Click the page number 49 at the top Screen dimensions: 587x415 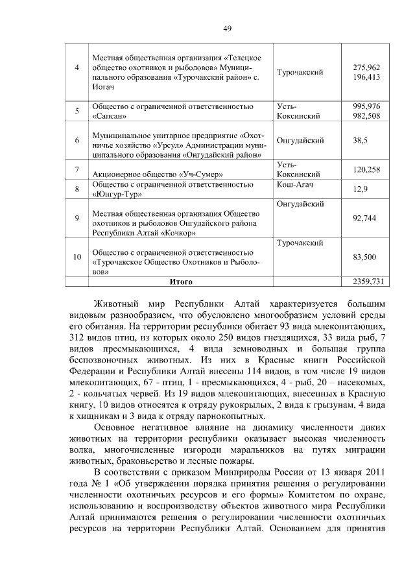[x=228, y=29]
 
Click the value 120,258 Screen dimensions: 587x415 [x=366, y=169]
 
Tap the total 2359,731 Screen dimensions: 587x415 [x=367, y=282]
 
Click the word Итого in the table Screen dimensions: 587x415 [x=181, y=282]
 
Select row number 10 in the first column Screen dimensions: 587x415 [x=77, y=257]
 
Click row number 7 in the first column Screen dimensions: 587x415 [x=77, y=169]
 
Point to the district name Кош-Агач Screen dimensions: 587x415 [x=295, y=185]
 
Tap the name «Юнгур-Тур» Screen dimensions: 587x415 [x=115, y=194]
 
